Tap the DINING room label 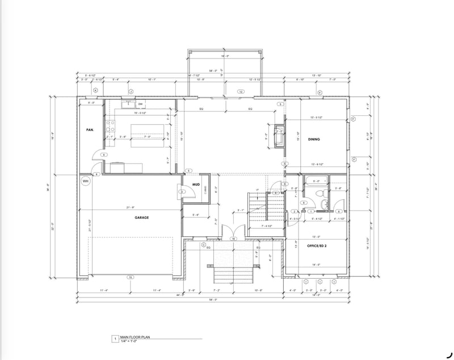(314, 139)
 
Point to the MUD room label (194, 185)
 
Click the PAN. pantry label (90, 129)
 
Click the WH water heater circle (86, 181)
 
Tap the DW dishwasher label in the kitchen (140, 104)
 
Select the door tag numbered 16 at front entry (233, 239)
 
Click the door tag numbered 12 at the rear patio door (240, 91)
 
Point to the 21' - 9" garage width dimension (130, 207)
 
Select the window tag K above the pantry (95, 91)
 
